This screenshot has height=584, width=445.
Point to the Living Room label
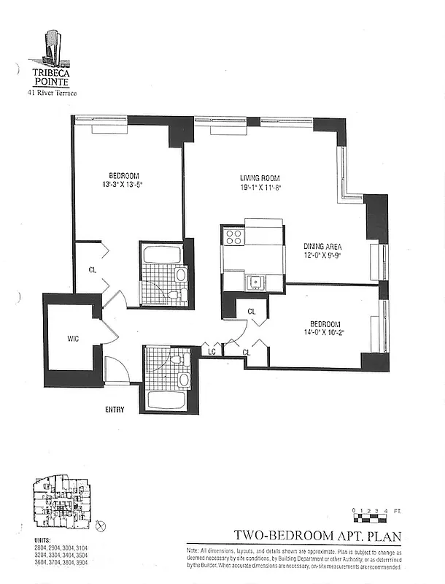tap(260, 178)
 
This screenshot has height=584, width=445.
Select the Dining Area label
tap(323, 246)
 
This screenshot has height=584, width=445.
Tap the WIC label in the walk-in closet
tap(72, 339)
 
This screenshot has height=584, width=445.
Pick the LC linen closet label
tap(212, 352)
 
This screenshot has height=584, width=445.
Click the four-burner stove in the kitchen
tap(234, 237)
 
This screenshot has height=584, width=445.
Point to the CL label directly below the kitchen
tap(252, 312)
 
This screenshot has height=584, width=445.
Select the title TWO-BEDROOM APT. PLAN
tap(317, 537)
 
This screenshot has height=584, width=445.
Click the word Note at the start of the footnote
tap(194, 550)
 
